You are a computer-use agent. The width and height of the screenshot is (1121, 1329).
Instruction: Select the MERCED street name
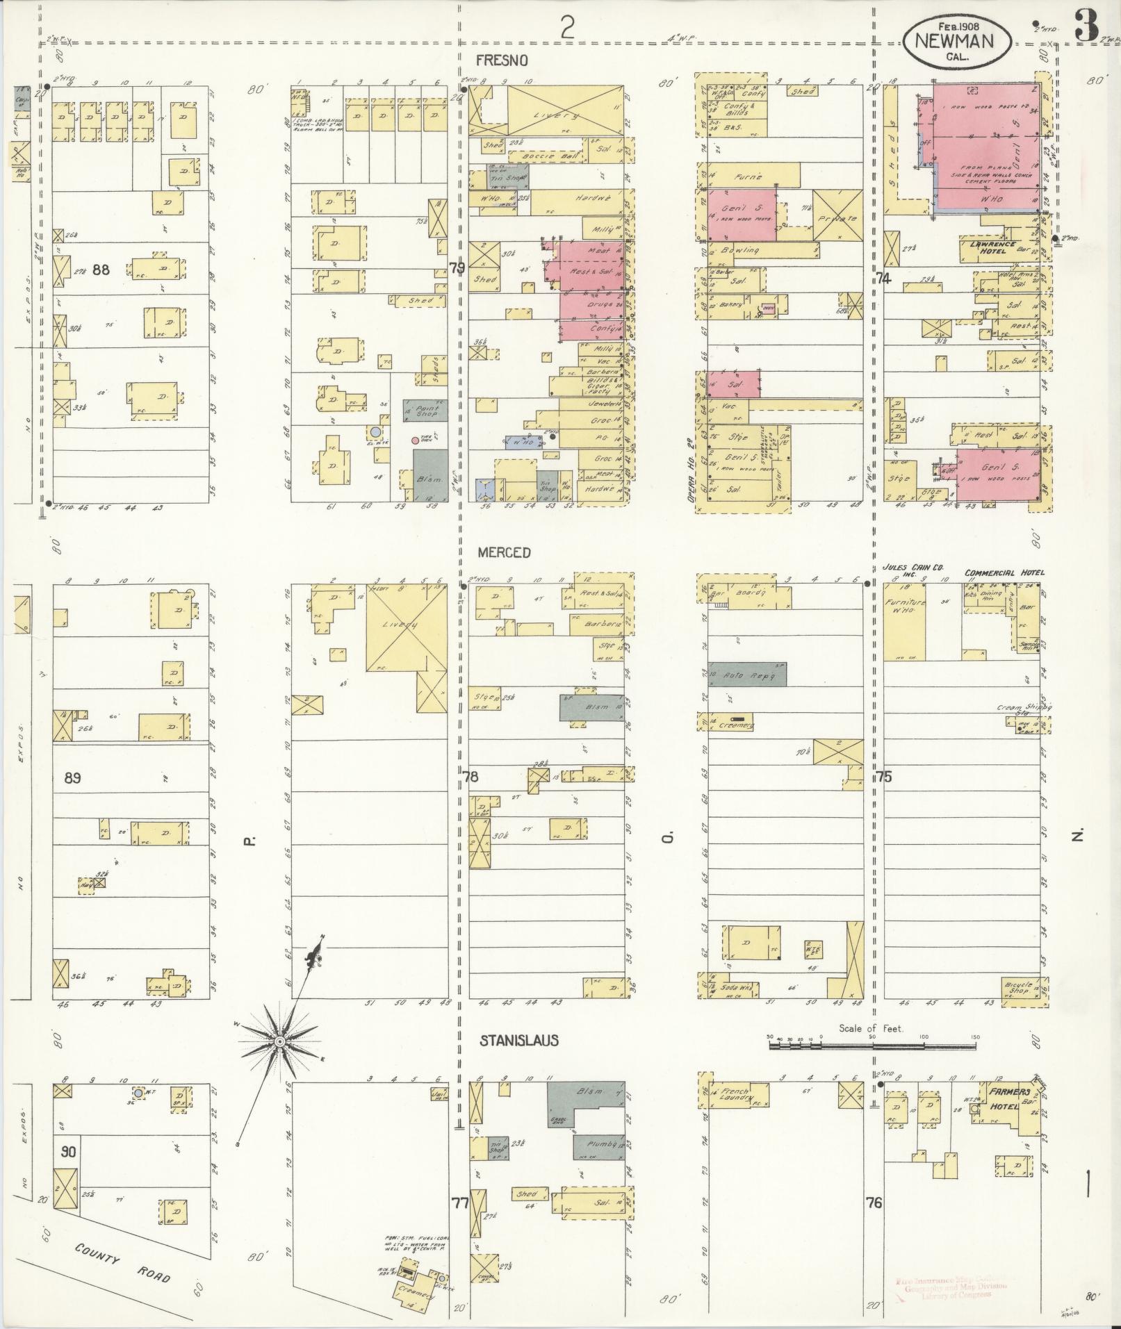[x=505, y=552]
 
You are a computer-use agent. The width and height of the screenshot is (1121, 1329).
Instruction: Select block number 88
[x=101, y=269]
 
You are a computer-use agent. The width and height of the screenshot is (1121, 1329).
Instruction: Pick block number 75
[x=883, y=777]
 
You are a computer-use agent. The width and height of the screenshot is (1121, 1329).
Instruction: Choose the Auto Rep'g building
[x=747, y=675]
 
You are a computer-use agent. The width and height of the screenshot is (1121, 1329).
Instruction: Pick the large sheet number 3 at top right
[x=1086, y=26]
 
